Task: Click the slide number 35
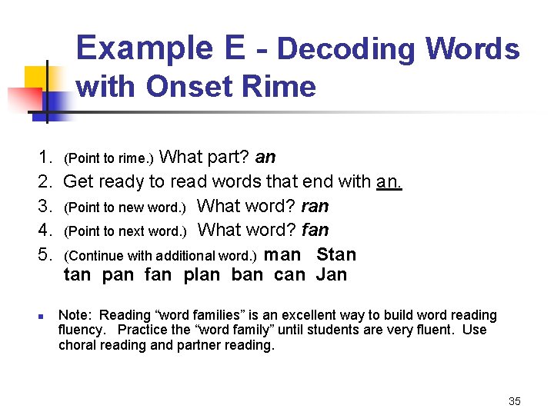[515, 401]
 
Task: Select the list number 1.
[44, 158]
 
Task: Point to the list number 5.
[44, 254]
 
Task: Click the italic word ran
[315, 206]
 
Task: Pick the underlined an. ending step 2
[389, 182]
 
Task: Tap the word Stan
[336, 254]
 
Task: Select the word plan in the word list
[202, 275]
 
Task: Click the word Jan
[331, 275]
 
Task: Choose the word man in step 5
[282, 254]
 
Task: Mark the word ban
[246, 275]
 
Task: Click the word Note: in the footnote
[75, 315]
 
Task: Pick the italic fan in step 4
[315, 230]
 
